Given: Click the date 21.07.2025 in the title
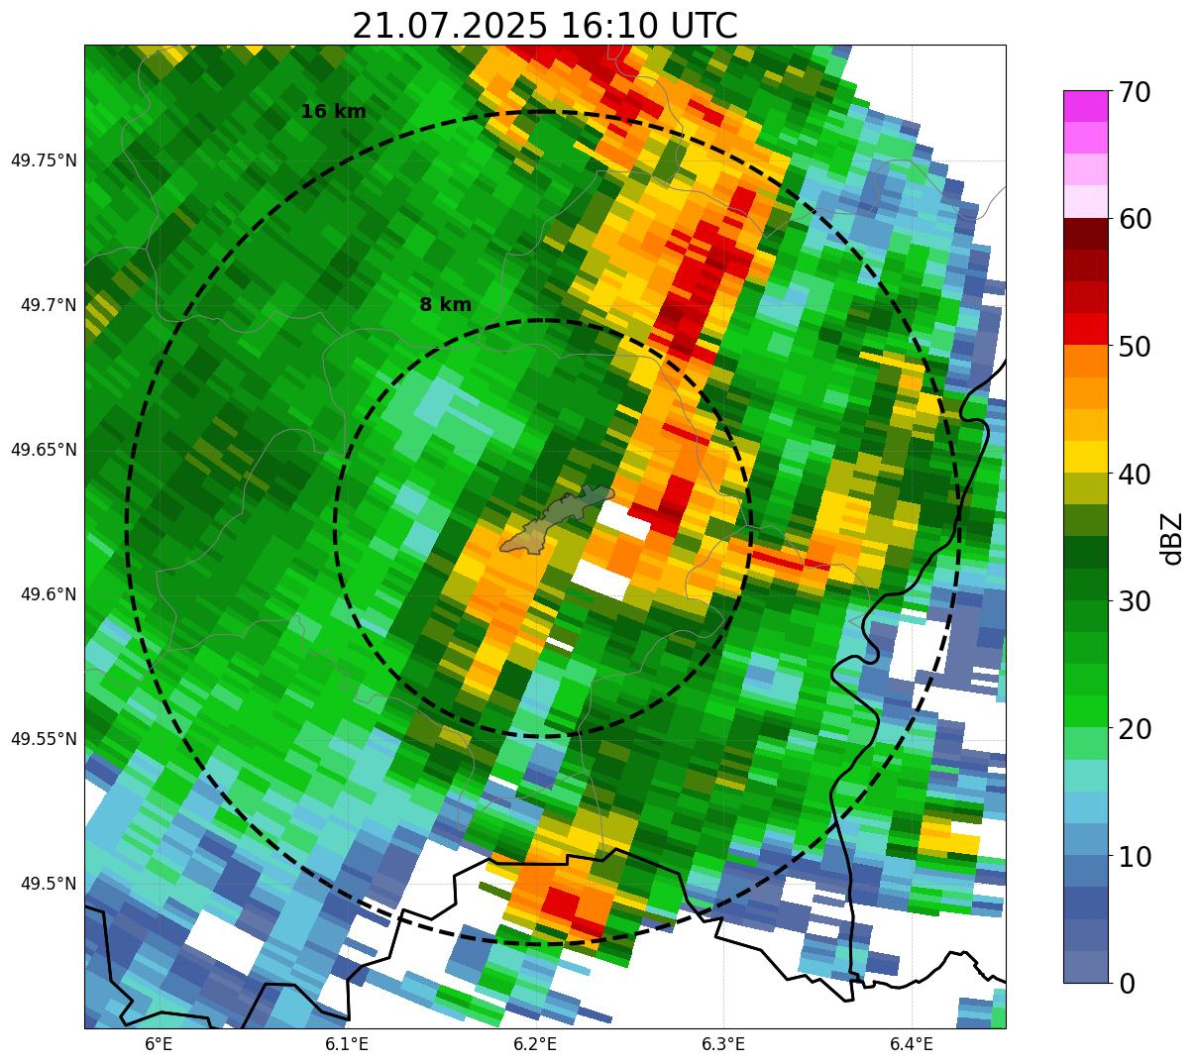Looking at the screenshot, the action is pyautogui.click(x=450, y=26).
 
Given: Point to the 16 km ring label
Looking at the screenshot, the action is pyautogui.click(x=334, y=112).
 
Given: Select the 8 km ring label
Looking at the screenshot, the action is pyautogui.click(x=446, y=304).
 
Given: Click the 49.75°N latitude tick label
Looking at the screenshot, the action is pyautogui.click(x=44, y=160).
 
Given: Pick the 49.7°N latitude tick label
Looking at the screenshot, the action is pyautogui.click(x=49, y=305).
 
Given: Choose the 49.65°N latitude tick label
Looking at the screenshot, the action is pyautogui.click(x=44, y=450).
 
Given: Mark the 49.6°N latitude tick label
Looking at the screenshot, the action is pyautogui.click(x=49, y=594).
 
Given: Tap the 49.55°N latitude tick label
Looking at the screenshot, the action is pyautogui.click(x=44, y=739).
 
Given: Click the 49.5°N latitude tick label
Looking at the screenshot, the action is pyautogui.click(x=49, y=884).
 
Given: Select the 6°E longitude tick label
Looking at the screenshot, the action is pyautogui.click(x=159, y=1045).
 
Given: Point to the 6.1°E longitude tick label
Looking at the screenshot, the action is pyautogui.click(x=347, y=1045).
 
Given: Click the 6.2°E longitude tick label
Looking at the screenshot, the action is pyautogui.click(x=535, y=1045).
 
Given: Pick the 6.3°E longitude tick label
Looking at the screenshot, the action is pyautogui.click(x=723, y=1045).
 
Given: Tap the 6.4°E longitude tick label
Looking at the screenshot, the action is pyautogui.click(x=912, y=1045).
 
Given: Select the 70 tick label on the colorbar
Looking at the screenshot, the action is pyautogui.click(x=1135, y=92).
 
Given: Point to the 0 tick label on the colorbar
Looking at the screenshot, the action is pyautogui.click(x=1127, y=985).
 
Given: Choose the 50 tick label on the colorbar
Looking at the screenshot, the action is pyautogui.click(x=1135, y=347).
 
